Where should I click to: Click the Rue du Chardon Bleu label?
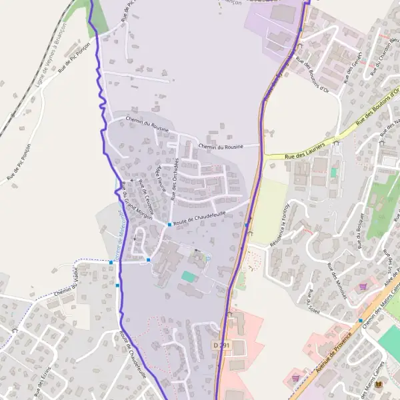coord(381,51)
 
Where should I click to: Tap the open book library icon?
coord(379,385)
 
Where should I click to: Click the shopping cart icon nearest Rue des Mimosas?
coord(363,286)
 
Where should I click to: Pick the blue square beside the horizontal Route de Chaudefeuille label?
coord(169,225)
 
